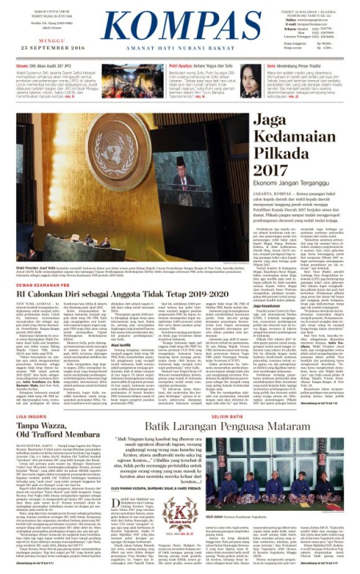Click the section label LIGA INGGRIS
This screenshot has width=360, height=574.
point(24,416)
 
